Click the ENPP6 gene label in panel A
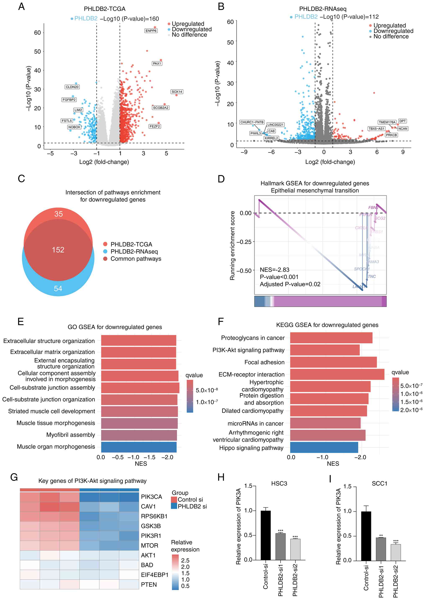tap(151, 31)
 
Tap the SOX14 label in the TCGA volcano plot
tap(177, 92)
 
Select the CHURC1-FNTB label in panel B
tap(252, 122)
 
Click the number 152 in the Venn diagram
tap(58, 250)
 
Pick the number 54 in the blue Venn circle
tap(58, 289)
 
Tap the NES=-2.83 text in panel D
tap(275, 270)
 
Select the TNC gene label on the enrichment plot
tap(372, 276)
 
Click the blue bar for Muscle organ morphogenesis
tap(139, 447)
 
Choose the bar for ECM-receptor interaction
tap(337, 374)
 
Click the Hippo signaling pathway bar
tap(324, 448)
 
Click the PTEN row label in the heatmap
tap(149, 585)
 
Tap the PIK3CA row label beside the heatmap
tap(151, 497)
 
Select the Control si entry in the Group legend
tap(190, 500)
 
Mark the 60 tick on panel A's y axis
tap(37, 33)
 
